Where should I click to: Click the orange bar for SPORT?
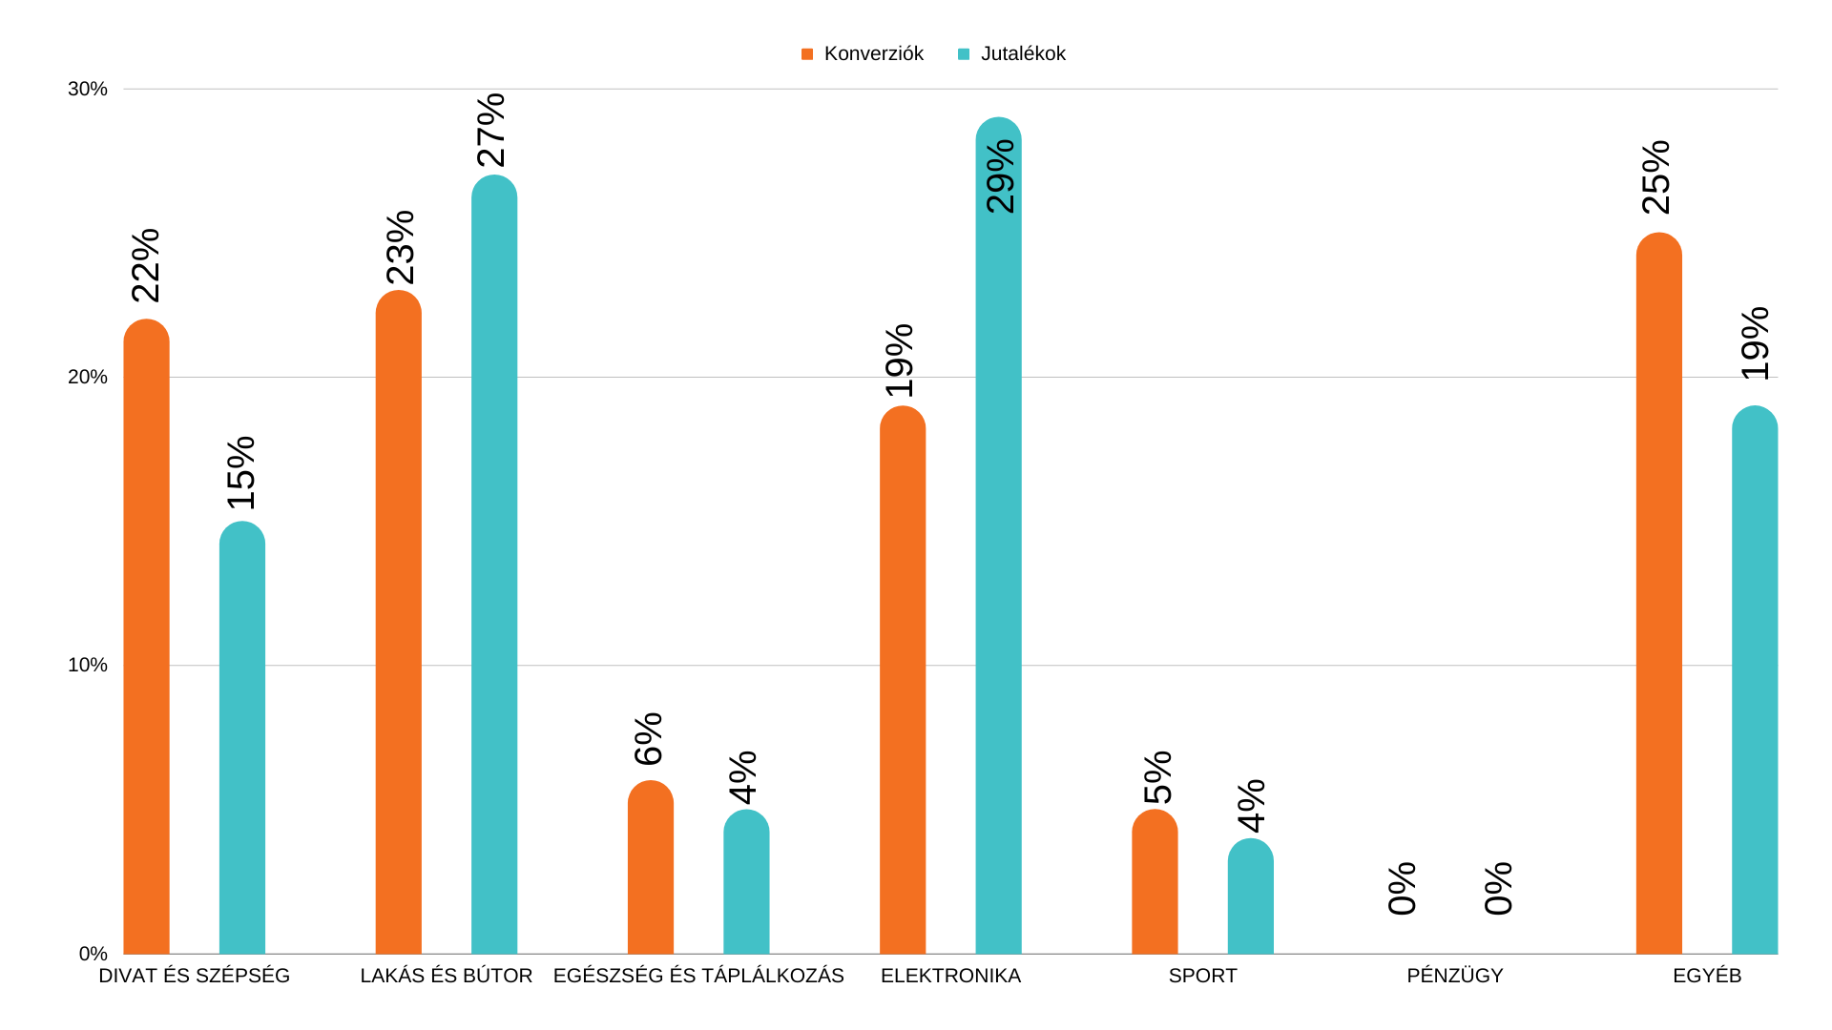(x=1155, y=882)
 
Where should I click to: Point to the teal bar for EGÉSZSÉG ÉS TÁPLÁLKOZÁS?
(x=746, y=882)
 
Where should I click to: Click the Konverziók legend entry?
(x=863, y=54)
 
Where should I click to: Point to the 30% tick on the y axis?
(x=88, y=90)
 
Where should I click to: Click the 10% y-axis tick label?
(x=88, y=666)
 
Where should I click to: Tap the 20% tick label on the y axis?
(x=88, y=378)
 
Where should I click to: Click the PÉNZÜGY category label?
(x=1454, y=977)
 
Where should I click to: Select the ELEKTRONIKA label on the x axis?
(x=950, y=977)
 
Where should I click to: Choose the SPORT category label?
(x=1202, y=977)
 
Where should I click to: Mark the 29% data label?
(x=1000, y=176)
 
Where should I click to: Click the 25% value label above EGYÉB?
(x=1656, y=177)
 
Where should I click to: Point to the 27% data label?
(x=491, y=130)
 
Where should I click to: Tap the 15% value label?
(x=241, y=473)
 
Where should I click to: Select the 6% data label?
(x=649, y=739)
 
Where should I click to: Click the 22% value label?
(x=146, y=265)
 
